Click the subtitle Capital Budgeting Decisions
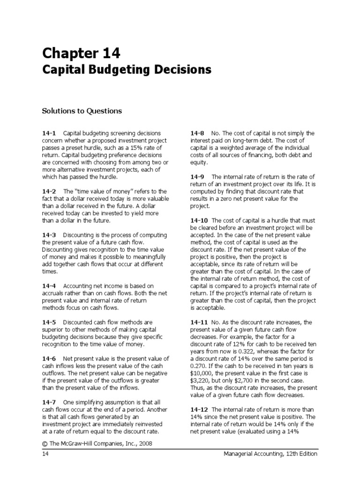pyautogui.click(x=127, y=70)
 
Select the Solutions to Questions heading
pyautogui.click(x=82, y=111)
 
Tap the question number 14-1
pyautogui.click(x=49, y=134)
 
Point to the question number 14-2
pyautogui.click(x=49, y=192)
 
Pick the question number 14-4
pyautogui.click(x=49, y=286)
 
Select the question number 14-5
pyautogui.click(x=49, y=322)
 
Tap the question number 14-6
pyautogui.click(x=49, y=359)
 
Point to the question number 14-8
pyautogui.click(x=197, y=134)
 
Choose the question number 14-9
pyautogui.click(x=197, y=177)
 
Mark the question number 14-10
pyautogui.click(x=199, y=221)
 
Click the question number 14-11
pyautogui.click(x=199, y=322)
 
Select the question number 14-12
pyautogui.click(x=199, y=410)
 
